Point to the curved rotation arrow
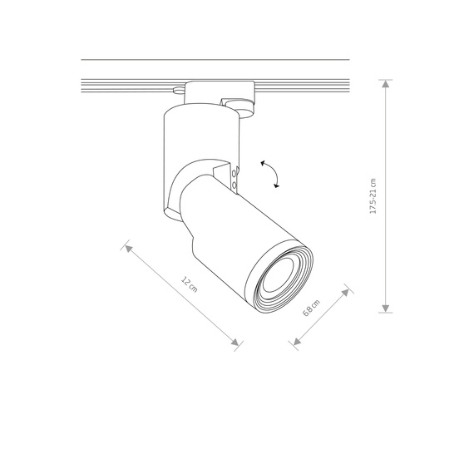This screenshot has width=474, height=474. point(269,175)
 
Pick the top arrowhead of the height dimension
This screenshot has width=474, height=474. point(386,83)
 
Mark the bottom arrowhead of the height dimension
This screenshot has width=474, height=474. point(386,307)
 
